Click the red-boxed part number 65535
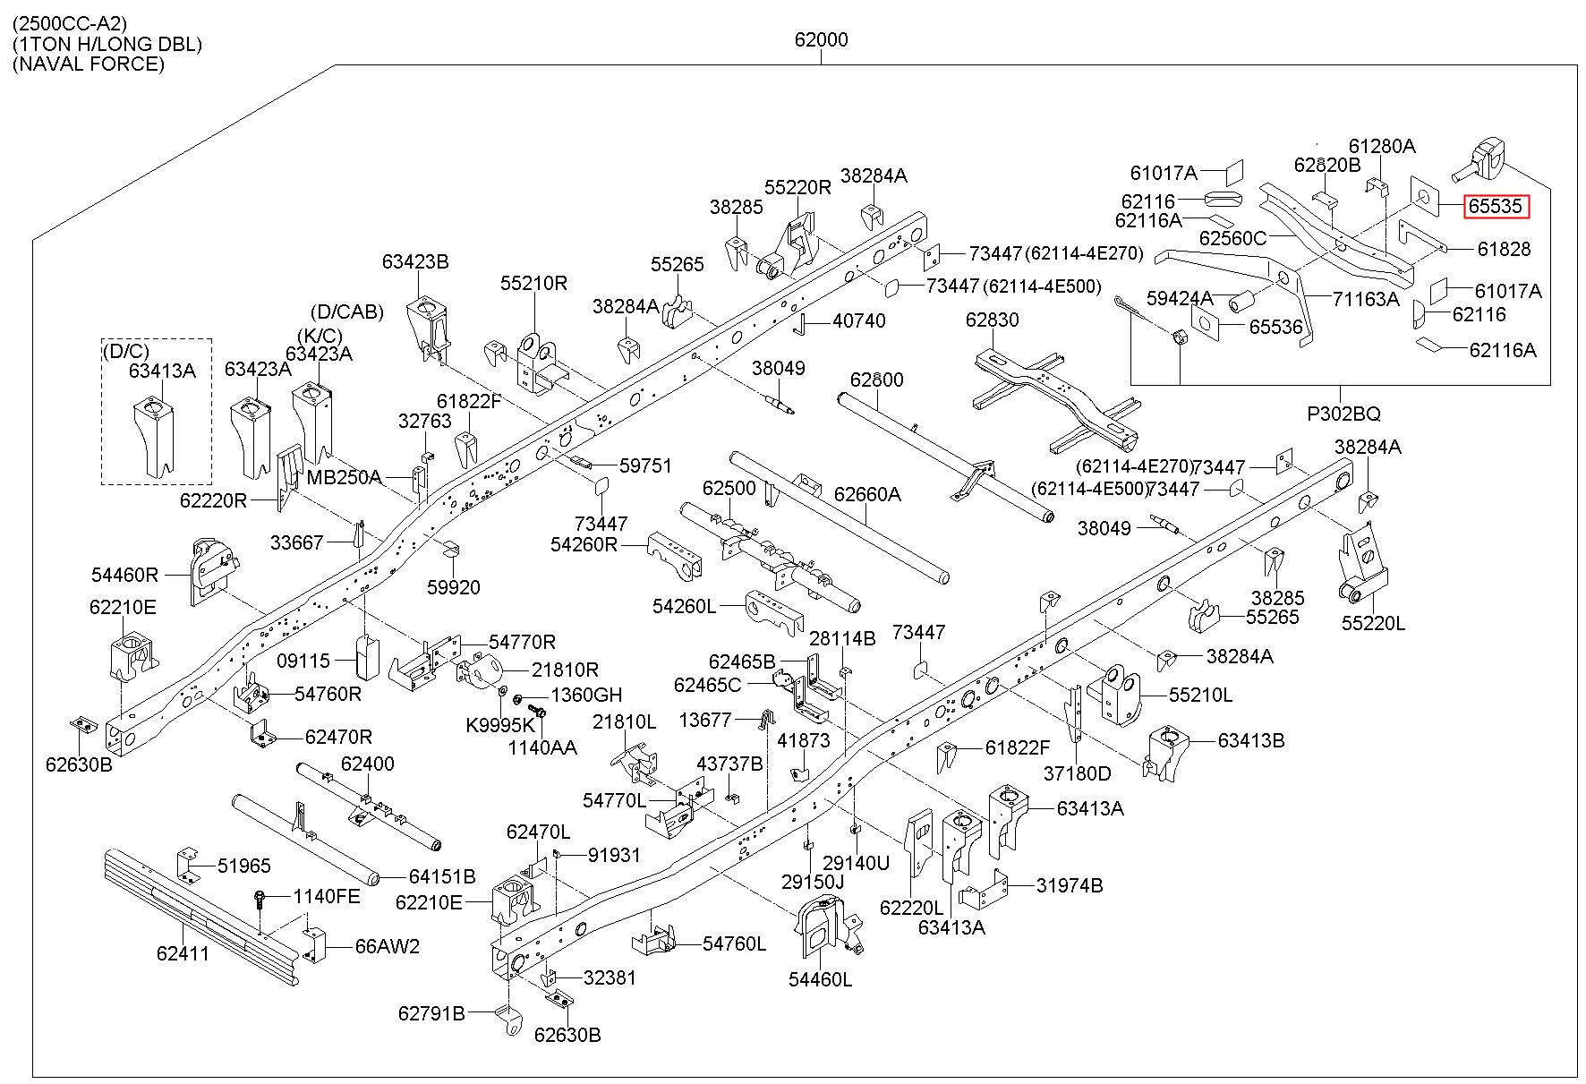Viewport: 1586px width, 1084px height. tap(1496, 207)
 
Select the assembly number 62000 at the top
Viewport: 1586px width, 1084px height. tap(821, 39)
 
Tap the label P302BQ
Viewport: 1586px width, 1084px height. tap(1343, 414)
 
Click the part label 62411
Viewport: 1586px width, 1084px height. tap(183, 953)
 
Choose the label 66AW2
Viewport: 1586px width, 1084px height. tap(387, 946)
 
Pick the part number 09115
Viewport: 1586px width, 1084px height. tap(303, 661)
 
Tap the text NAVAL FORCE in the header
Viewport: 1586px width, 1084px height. tap(89, 64)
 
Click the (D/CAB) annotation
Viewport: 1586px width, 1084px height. tap(347, 312)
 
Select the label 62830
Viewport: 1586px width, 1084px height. tap(992, 320)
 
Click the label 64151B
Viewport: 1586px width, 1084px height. tap(442, 876)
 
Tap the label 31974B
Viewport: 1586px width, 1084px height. tap(1070, 885)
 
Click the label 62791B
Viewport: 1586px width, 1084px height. tap(431, 1013)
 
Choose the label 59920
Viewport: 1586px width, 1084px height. tap(453, 587)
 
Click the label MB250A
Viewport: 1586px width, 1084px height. tap(344, 477)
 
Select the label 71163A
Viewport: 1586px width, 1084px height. tap(1365, 299)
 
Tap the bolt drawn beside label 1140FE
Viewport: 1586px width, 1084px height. tap(260, 900)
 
